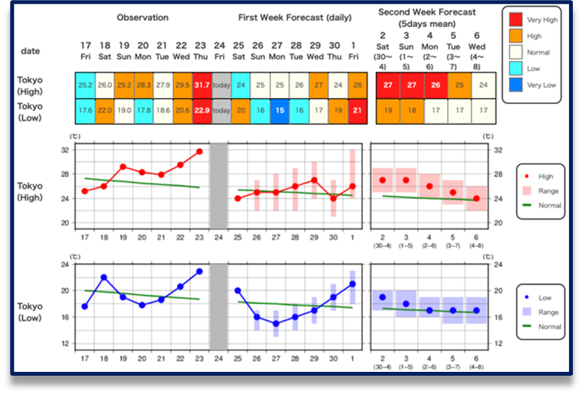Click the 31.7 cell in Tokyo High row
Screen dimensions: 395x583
(201, 85)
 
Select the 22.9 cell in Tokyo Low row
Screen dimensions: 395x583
(201, 110)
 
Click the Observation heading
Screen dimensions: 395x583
(143, 17)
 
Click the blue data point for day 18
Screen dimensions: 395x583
(103, 277)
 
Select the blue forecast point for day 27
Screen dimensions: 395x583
(276, 323)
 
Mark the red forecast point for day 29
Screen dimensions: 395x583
(314, 180)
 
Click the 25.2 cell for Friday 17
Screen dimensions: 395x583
(85, 85)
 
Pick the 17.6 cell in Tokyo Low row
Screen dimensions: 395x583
(85, 110)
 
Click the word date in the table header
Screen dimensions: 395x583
(31, 51)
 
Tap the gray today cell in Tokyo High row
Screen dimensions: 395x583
(220, 85)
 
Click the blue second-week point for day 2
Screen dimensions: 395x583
(382, 297)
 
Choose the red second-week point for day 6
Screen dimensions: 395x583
(476, 198)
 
